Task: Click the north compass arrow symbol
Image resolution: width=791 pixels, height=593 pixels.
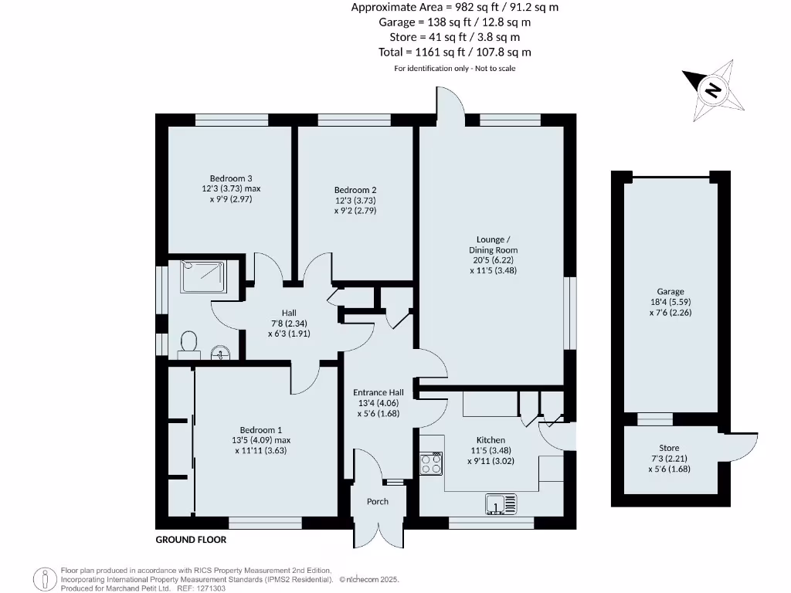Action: (x=712, y=90)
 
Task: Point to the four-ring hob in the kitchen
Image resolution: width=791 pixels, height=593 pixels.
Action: (x=431, y=463)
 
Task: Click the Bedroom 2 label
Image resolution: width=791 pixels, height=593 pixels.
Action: (x=355, y=190)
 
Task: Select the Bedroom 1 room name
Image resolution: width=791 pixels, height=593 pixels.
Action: (x=260, y=430)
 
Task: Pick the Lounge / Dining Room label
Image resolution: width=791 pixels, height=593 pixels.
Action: (x=493, y=245)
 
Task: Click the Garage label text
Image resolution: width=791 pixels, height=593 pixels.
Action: (x=670, y=292)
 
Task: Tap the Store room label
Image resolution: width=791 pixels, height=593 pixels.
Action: (x=669, y=448)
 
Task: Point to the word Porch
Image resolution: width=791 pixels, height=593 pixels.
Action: (x=378, y=502)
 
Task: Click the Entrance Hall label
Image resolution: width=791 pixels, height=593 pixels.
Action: (x=379, y=391)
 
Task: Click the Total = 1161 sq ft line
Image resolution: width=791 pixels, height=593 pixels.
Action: (x=454, y=52)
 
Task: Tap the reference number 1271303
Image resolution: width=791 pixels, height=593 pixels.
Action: (x=196, y=588)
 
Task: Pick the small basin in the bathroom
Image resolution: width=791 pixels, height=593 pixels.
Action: (x=220, y=354)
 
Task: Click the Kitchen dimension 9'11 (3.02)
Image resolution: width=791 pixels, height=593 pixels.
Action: (x=491, y=461)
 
